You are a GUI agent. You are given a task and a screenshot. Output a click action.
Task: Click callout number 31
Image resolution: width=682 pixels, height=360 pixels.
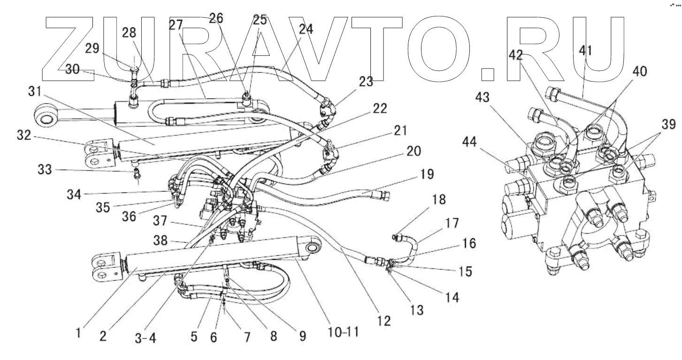35,91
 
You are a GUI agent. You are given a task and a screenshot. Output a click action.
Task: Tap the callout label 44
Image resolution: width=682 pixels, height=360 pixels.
469,142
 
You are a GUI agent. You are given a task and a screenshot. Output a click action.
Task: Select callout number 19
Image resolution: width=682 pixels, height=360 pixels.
427,174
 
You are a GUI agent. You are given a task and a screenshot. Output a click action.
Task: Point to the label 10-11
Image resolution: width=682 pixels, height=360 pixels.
343,332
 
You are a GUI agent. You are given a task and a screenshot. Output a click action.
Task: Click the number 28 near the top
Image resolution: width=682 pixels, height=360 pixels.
129,32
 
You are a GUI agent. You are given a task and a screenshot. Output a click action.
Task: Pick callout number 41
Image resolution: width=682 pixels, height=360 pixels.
585,51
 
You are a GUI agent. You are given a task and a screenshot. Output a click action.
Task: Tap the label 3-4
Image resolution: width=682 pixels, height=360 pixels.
146,338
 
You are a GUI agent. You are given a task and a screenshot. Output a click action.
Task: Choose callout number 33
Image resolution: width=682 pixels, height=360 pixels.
45,169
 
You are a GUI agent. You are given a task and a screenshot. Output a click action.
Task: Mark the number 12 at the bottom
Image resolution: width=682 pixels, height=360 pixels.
383,321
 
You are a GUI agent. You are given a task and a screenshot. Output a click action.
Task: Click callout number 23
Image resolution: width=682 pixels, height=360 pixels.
366,82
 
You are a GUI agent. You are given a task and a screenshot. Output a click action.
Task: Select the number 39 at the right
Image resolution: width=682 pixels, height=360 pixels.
668,124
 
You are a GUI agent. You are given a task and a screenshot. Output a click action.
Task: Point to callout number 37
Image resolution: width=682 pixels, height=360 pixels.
160,221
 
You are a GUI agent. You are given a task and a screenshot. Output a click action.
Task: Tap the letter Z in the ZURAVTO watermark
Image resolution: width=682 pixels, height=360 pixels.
69,48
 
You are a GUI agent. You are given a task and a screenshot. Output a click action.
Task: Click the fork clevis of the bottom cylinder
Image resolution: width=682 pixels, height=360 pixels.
106,268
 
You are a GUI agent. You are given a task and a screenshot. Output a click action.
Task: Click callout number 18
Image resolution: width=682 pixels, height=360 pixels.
439,200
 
